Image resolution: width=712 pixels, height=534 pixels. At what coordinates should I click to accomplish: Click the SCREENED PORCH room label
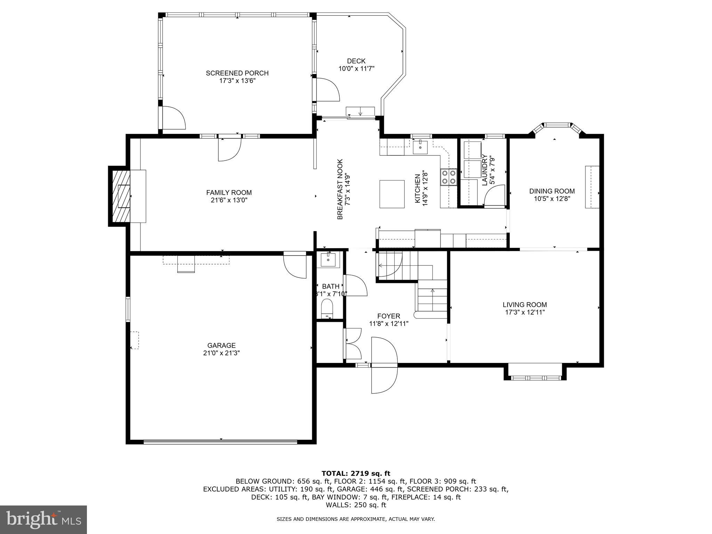(237, 73)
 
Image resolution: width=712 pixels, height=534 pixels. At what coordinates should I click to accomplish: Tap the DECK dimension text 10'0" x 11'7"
(356, 69)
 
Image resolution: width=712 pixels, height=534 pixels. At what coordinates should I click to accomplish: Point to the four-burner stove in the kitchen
(448, 177)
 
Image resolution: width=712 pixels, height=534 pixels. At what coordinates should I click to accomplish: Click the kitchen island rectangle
(392, 194)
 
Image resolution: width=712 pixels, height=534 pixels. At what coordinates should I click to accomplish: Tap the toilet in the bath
(327, 308)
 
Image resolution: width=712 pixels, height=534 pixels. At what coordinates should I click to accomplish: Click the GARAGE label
(221, 345)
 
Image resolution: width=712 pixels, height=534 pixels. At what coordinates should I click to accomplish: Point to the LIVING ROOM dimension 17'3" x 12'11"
(525, 312)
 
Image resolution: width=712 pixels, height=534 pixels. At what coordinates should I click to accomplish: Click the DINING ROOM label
(552, 191)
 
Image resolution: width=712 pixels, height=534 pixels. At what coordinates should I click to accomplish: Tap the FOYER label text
(389, 316)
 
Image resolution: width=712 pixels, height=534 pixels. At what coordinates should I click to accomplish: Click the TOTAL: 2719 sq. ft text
(356, 473)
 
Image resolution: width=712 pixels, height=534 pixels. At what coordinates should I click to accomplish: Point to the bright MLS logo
(43, 519)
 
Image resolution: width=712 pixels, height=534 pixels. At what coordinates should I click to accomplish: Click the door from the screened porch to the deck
(327, 90)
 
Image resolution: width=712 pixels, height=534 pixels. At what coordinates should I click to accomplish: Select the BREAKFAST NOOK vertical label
(340, 189)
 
